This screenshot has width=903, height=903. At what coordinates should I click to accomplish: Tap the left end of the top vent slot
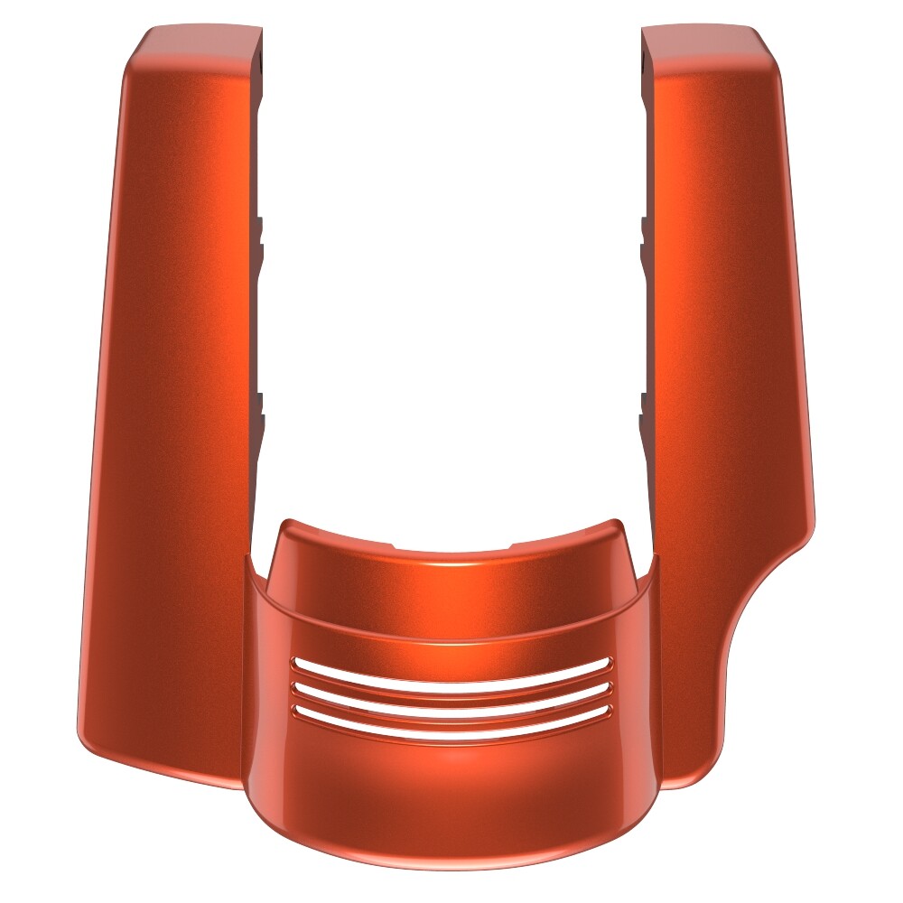296,665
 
